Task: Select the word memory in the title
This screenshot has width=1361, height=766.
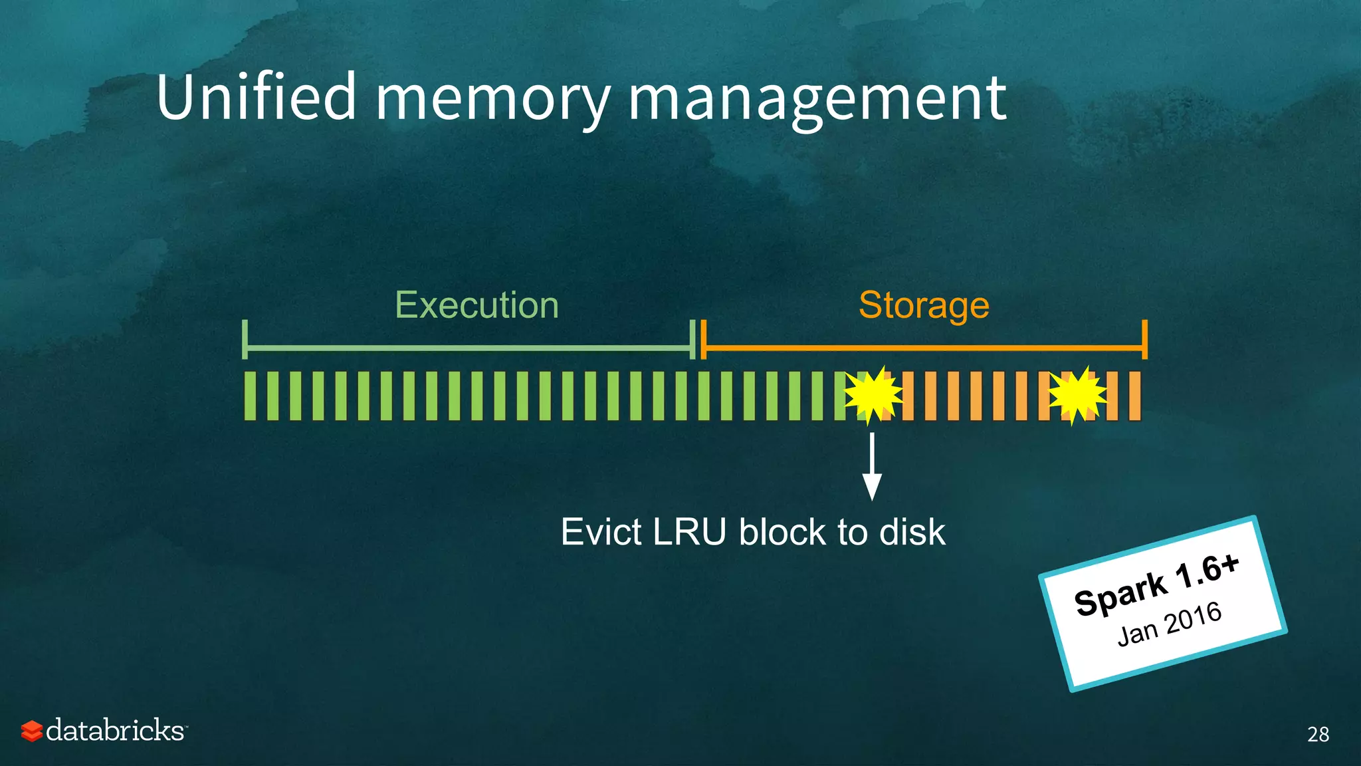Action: point(492,100)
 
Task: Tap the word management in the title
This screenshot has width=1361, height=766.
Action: point(817,100)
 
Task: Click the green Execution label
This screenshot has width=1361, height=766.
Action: point(476,305)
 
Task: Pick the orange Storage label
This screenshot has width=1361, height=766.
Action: point(924,305)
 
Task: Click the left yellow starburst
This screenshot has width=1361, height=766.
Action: point(873,396)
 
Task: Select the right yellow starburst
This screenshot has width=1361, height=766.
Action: point(1077,396)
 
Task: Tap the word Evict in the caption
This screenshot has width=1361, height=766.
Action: point(601,532)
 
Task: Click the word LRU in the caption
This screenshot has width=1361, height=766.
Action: point(689,532)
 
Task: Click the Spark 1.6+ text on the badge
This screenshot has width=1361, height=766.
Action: point(1156,584)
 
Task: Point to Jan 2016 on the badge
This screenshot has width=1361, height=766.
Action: point(1170,623)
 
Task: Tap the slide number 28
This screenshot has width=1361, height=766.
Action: point(1318,734)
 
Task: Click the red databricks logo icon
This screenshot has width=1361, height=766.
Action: point(31,731)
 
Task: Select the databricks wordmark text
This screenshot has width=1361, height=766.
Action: point(116,730)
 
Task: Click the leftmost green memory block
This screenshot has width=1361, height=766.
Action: point(250,396)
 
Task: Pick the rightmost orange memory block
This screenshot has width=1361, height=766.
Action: point(1134,396)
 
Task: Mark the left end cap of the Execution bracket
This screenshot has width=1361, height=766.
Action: point(245,339)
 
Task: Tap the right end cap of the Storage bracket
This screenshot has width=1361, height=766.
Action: point(1144,339)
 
